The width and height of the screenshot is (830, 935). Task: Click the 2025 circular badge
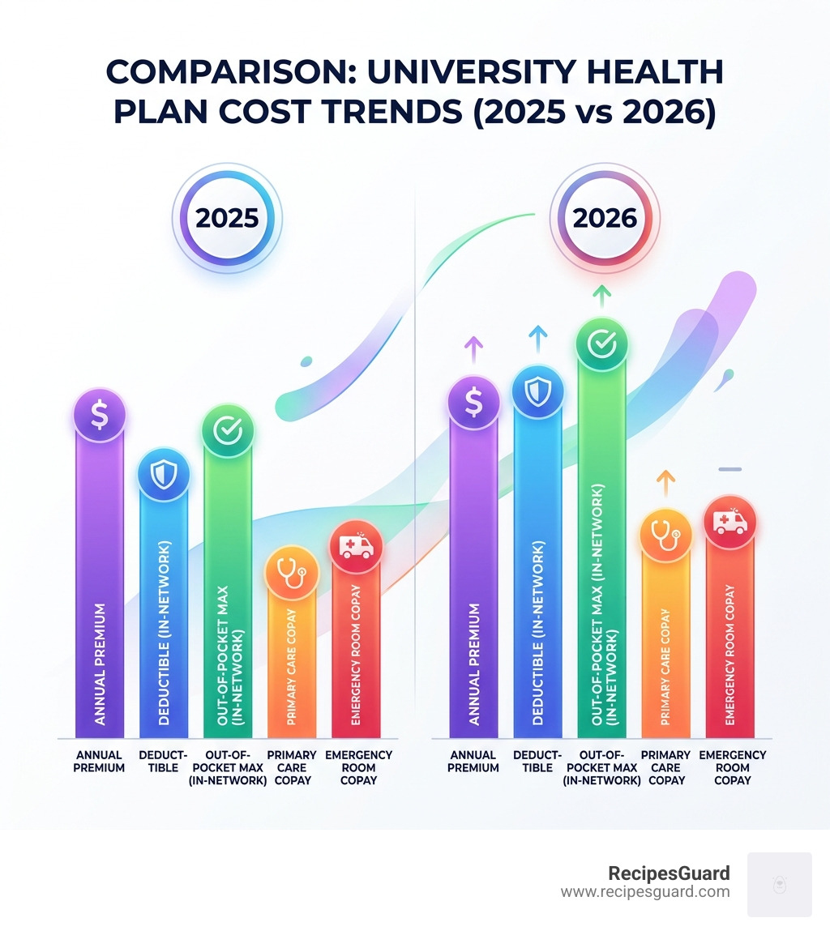(227, 219)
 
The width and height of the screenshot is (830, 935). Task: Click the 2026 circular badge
(605, 219)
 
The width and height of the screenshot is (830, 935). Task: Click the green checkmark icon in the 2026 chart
(601, 344)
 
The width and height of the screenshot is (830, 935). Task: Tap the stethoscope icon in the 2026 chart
(665, 534)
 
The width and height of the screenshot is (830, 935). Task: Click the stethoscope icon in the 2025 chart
(291, 573)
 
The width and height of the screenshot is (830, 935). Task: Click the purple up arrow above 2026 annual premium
(473, 349)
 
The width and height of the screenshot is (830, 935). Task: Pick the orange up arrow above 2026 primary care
(665, 482)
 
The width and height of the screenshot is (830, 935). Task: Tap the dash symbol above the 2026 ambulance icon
(730, 469)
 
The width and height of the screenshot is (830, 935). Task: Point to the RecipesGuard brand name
(669, 873)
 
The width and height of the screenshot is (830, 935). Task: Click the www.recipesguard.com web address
(645, 892)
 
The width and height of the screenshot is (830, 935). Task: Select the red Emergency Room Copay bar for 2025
(357, 648)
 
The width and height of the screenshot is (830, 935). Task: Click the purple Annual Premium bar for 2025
(99, 583)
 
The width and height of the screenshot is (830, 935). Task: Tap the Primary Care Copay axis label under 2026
(665, 767)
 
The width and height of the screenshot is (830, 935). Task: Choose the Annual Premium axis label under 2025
(99, 761)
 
